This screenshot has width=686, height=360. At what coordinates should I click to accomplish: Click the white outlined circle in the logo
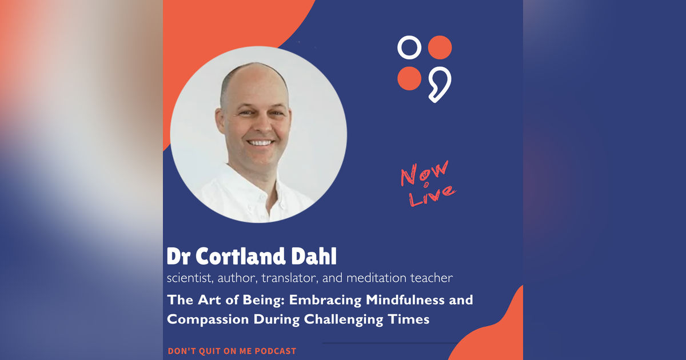(x=409, y=47)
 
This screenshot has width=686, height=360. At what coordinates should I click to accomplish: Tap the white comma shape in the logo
(x=440, y=83)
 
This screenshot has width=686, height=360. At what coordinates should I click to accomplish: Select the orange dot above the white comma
(x=440, y=47)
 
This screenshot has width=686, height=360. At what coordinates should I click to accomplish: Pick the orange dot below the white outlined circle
(x=409, y=78)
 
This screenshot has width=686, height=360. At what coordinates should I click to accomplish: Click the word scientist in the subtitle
(x=188, y=278)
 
